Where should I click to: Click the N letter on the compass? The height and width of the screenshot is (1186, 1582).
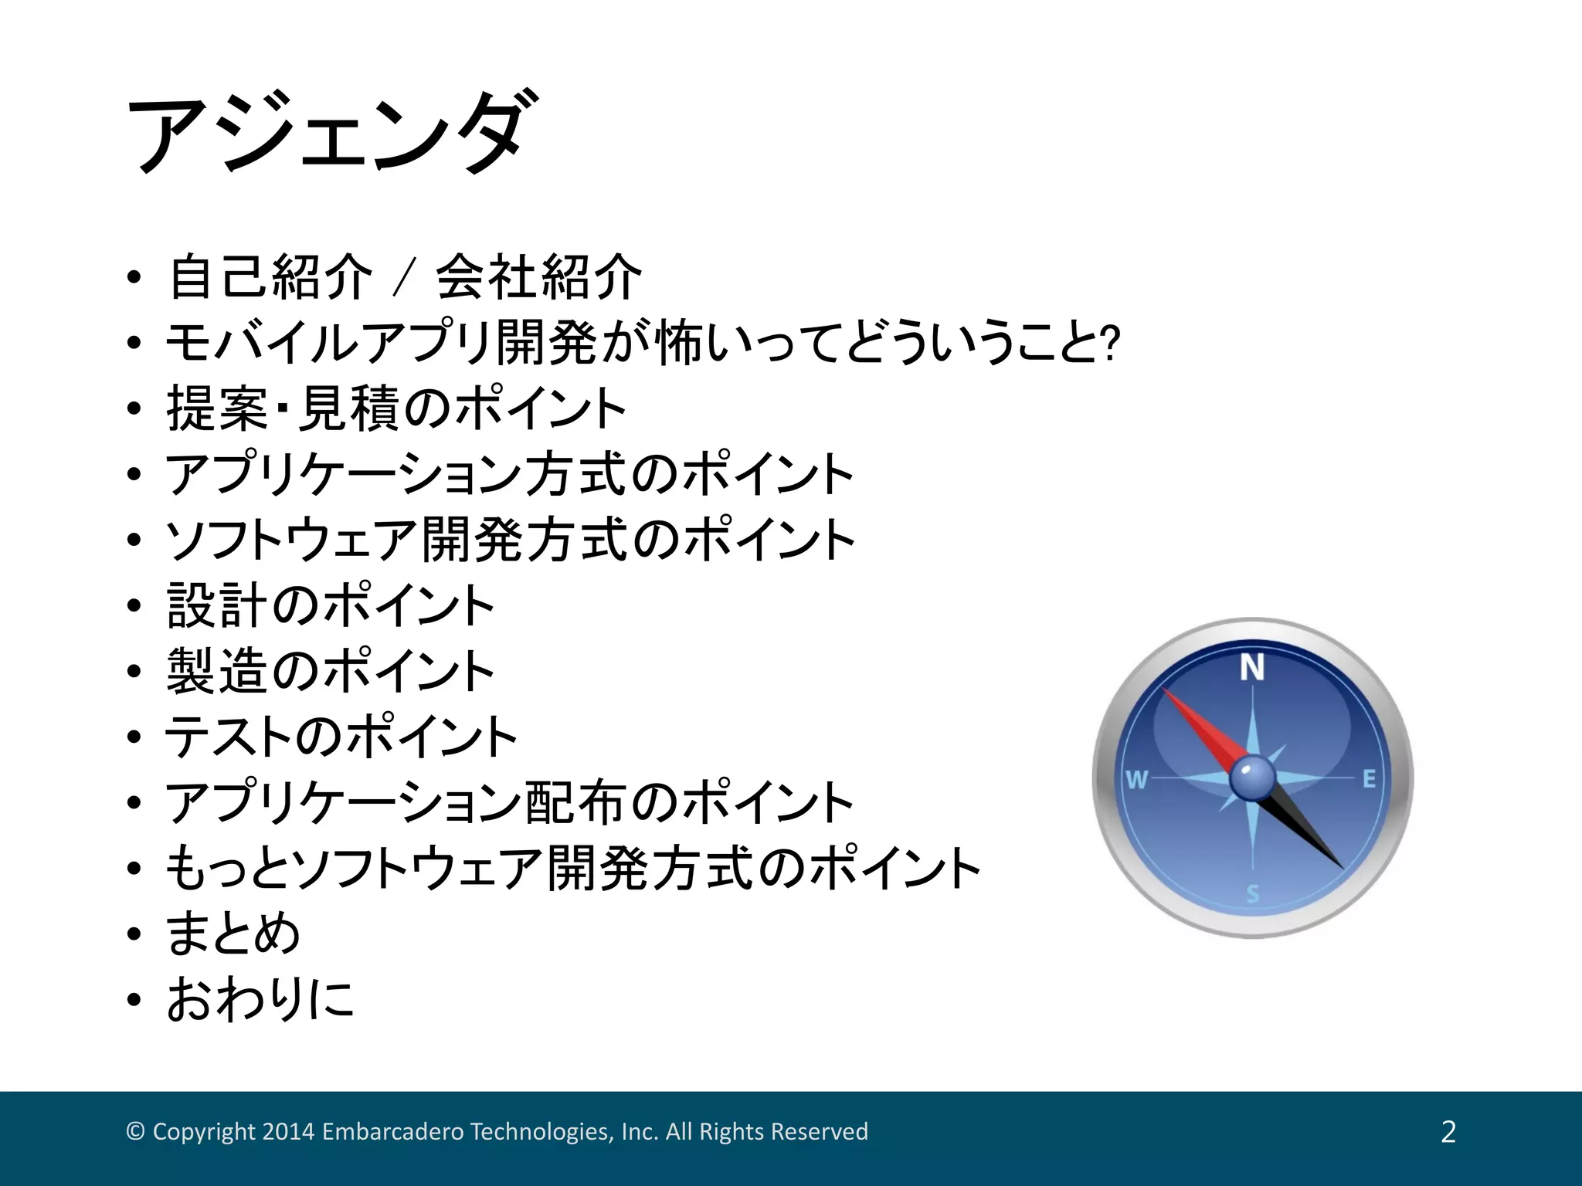pos(1251,668)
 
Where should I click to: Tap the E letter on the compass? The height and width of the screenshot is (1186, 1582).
pos(1369,779)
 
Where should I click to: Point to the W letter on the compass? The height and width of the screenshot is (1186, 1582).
pos(1136,780)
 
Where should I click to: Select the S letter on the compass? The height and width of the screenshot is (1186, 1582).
pos(1252,894)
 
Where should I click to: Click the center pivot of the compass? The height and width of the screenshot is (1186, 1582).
pos(1251,778)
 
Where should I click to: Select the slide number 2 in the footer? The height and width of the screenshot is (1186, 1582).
pos(1448,1132)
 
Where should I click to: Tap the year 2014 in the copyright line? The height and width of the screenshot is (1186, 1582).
pos(288,1132)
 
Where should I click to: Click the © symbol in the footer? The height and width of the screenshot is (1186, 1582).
pos(135,1132)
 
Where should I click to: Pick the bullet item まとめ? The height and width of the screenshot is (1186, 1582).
pos(233,934)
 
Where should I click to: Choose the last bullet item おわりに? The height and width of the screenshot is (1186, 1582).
pos(260,999)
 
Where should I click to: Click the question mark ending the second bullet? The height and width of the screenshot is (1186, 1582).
pos(1111,344)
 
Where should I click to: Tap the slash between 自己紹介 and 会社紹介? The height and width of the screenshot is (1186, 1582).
pos(404,277)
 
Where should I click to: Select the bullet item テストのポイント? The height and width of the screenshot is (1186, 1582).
pos(341,737)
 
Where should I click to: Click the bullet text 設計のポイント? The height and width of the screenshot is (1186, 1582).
pos(331,605)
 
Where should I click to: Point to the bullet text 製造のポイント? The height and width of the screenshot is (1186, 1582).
pos(331,671)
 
